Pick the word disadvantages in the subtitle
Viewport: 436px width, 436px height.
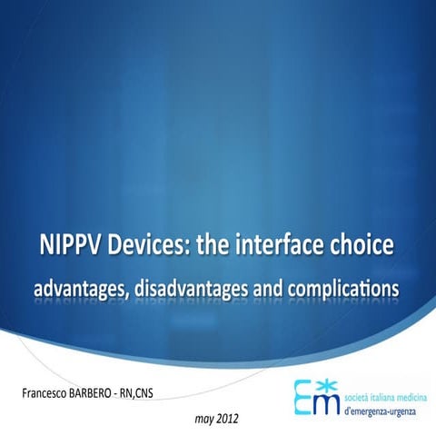click(x=195, y=288)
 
